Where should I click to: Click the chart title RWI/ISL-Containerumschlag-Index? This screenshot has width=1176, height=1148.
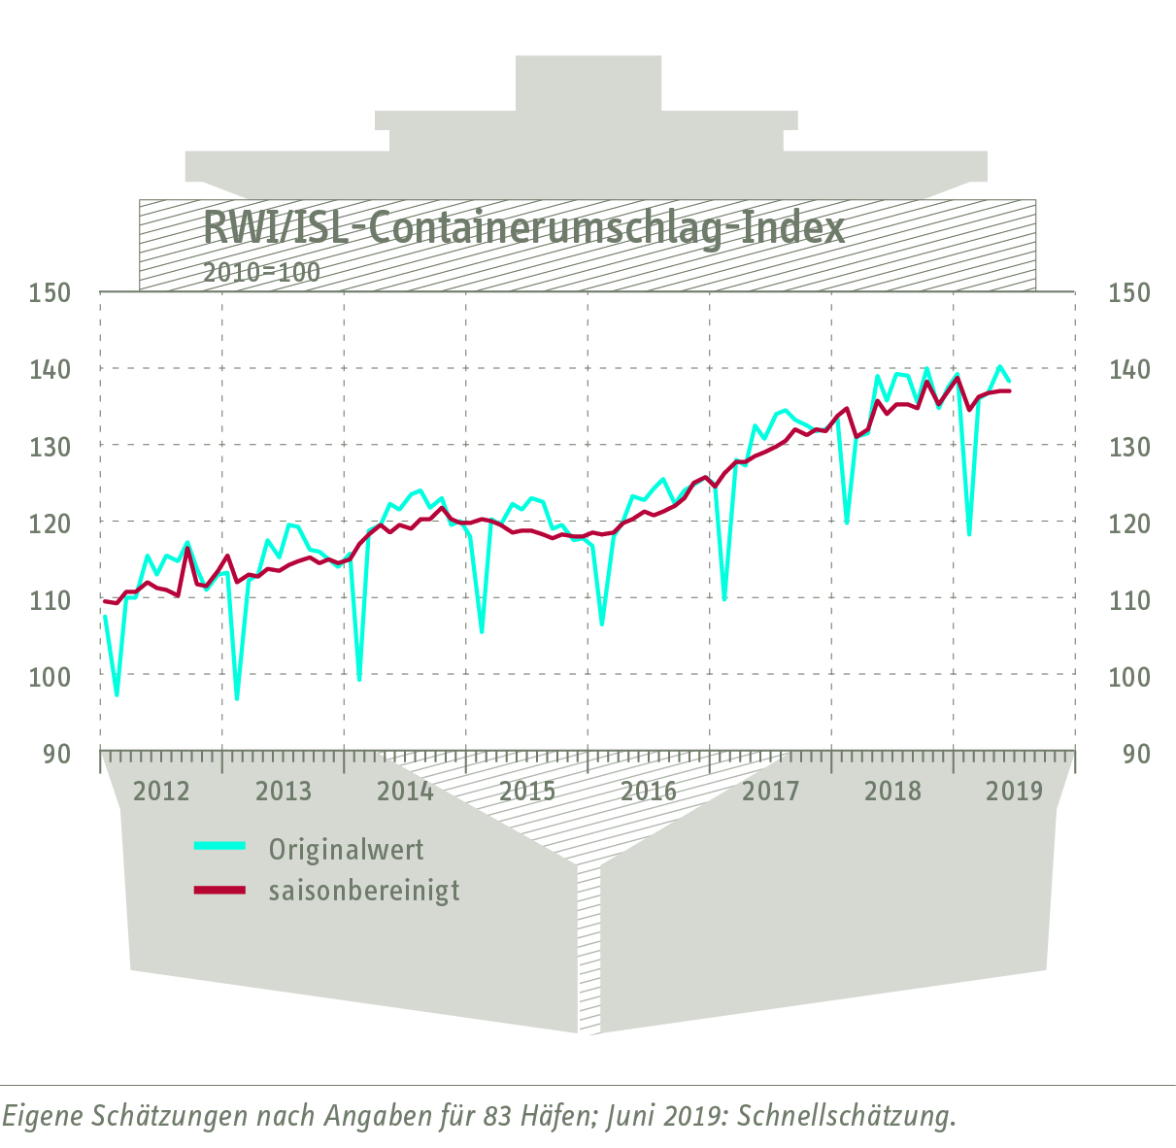[524, 229]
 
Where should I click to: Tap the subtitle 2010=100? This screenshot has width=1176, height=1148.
[261, 272]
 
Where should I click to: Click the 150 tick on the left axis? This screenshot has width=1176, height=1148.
[50, 292]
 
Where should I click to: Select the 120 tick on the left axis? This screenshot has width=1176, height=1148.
[50, 523]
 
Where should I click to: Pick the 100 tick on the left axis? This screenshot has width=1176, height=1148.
[50, 677]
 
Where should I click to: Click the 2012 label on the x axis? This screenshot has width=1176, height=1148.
[161, 791]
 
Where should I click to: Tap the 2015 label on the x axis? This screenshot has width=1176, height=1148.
[527, 791]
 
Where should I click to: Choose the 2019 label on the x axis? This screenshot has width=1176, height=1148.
[1014, 791]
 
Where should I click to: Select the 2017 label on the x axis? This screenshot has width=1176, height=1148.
[770, 791]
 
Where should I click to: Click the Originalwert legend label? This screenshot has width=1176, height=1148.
[347, 850]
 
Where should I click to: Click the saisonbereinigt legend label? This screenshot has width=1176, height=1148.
[364, 891]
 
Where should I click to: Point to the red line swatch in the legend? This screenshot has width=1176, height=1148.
[219, 889]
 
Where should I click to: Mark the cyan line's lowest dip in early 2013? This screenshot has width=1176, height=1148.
[237, 698]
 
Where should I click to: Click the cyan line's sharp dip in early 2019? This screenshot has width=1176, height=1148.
[969, 533]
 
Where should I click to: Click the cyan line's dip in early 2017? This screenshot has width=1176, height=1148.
[724, 598]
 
